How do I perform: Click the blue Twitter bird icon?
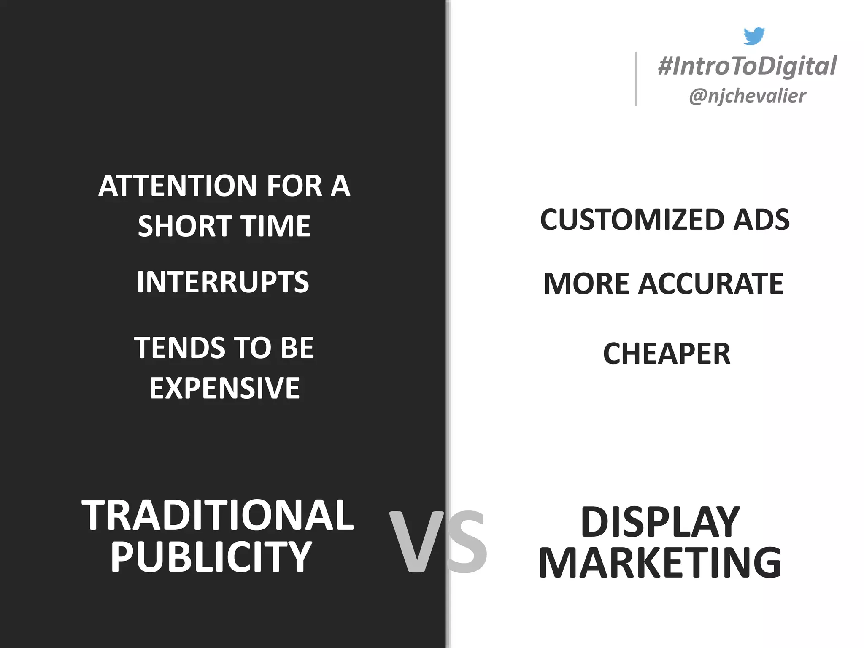[x=753, y=36]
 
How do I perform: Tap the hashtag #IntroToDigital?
[x=747, y=66]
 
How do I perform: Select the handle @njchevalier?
[x=747, y=96]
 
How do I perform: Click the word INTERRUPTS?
[x=223, y=282]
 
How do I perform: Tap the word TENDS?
[x=180, y=348]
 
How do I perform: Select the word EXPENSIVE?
[x=224, y=388]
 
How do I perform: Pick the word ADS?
[x=761, y=220]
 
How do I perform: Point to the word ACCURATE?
[x=711, y=283]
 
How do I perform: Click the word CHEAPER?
[x=667, y=354]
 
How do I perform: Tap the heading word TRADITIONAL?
[x=217, y=515]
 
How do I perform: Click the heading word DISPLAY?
[x=660, y=522]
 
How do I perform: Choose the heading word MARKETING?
[x=660, y=563]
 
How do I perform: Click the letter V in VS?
[x=416, y=542]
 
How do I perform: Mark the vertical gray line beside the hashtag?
[x=636, y=79]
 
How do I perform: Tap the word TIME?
[x=275, y=226]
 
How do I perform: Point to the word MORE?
[x=586, y=283]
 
